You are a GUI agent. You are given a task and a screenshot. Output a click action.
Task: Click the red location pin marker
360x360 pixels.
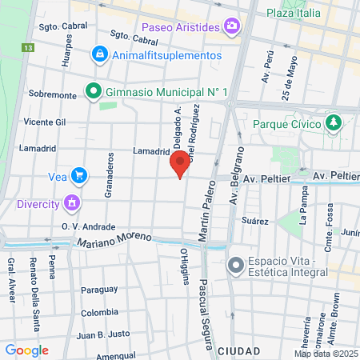(x=180, y=163)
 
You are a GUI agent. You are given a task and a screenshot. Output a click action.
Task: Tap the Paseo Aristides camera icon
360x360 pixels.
(x=232, y=27)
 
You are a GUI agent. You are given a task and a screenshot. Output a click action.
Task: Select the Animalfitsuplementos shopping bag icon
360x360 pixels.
(x=99, y=55)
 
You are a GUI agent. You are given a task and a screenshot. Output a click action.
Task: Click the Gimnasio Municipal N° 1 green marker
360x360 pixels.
(x=93, y=92)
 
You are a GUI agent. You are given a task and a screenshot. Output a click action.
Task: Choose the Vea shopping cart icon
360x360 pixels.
(x=78, y=175)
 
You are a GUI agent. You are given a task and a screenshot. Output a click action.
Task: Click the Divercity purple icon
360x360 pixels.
(x=73, y=202)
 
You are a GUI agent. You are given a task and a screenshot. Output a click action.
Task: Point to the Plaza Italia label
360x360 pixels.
(x=294, y=13)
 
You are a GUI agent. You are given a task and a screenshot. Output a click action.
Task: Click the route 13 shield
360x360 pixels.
(x=29, y=48)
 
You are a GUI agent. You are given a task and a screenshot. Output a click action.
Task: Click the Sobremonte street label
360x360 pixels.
(x=53, y=94)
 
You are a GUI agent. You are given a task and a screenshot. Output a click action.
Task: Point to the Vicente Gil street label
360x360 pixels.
(x=44, y=122)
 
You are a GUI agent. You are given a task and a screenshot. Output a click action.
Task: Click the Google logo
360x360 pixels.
(x=27, y=350)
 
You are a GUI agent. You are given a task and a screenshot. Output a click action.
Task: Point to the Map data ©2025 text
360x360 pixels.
(x=325, y=354)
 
